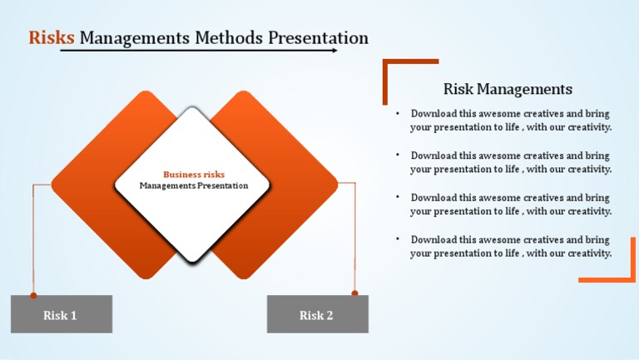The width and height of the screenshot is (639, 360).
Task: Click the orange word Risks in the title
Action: coord(52,38)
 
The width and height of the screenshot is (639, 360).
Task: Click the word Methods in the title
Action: coord(228,38)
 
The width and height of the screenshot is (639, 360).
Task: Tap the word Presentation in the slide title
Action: coord(318,38)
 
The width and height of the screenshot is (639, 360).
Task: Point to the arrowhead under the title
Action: coord(334,51)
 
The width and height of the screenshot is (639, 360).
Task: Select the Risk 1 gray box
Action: coord(61,314)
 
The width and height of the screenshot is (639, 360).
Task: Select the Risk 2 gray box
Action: coord(316,314)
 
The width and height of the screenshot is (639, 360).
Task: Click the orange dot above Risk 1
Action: coord(33,295)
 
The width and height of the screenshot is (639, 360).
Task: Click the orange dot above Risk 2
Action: coord(354,293)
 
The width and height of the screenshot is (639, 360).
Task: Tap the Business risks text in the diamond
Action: coord(194,175)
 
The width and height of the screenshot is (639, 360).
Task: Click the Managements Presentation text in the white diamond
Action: coord(194,185)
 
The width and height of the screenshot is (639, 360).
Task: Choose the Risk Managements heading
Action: coord(508,89)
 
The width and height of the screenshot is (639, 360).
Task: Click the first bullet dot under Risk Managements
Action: coord(399,112)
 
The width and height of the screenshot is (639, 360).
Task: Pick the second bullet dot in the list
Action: coord(399,155)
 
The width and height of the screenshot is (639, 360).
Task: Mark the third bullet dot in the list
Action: coord(399,197)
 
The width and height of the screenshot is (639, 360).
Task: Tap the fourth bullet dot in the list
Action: coord(399,239)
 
